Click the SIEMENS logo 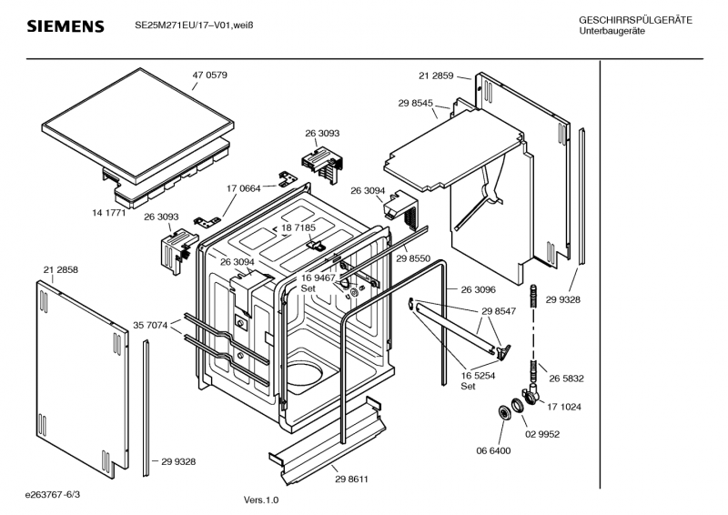[66, 26]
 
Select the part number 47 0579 [210, 76]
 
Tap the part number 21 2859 [436, 76]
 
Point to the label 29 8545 [416, 103]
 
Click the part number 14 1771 [108, 213]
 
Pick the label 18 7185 [298, 228]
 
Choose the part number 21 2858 [61, 270]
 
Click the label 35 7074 [150, 326]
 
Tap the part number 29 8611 [351, 480]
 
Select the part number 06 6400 [493, 451]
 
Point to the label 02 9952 [542, 435]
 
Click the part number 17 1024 [564, 408]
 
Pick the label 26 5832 [566, 379]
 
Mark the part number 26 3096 [479, 289]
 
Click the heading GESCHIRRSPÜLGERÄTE [635, 20]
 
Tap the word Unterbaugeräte [612, 31]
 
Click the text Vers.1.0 [261, 500]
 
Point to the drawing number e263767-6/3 [53, 495]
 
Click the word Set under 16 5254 [468, 387]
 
